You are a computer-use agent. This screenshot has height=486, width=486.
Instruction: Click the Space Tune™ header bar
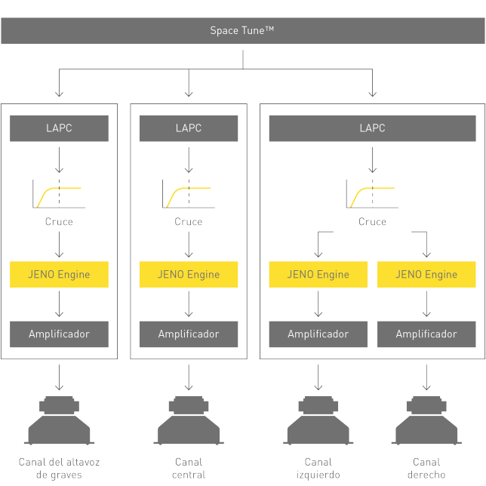pyautogui.click(x=242, y=31)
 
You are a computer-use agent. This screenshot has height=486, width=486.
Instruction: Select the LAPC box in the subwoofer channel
pyautogui.click(x=59, y=128)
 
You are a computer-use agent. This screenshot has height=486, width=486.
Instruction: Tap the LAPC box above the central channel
pyautogui.click(x=189, y=128)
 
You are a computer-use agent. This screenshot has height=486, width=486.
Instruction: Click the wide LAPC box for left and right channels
pyautogui.click(x=372, y=128)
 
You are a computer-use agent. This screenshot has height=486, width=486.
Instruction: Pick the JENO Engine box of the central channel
pyautogui.click(x=189, y=274)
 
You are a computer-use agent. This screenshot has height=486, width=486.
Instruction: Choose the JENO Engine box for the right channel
pyautogui.click(x=426, y=274)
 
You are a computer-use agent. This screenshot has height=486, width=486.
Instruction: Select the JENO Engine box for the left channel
pyautogui.click(x=318, y=274)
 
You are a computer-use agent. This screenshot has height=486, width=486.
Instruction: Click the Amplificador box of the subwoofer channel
pyautogui.click(x=59, y=334)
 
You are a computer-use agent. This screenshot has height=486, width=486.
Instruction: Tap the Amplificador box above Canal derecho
pyautogui.click(x=426, y=334)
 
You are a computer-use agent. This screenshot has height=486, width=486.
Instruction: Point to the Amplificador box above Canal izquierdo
pyautogui.click(x=318, y=334)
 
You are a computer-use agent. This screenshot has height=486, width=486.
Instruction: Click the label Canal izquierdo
pyautogui.click(x=318, y=468)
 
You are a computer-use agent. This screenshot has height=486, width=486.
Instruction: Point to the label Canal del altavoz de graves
pyautogui.click(x=59, y=468)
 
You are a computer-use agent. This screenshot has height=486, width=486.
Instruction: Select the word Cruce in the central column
pyautogui.click(x=189, y=222)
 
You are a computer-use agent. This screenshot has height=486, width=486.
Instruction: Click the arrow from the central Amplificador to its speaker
pyautogui.click(x=189, y=375)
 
